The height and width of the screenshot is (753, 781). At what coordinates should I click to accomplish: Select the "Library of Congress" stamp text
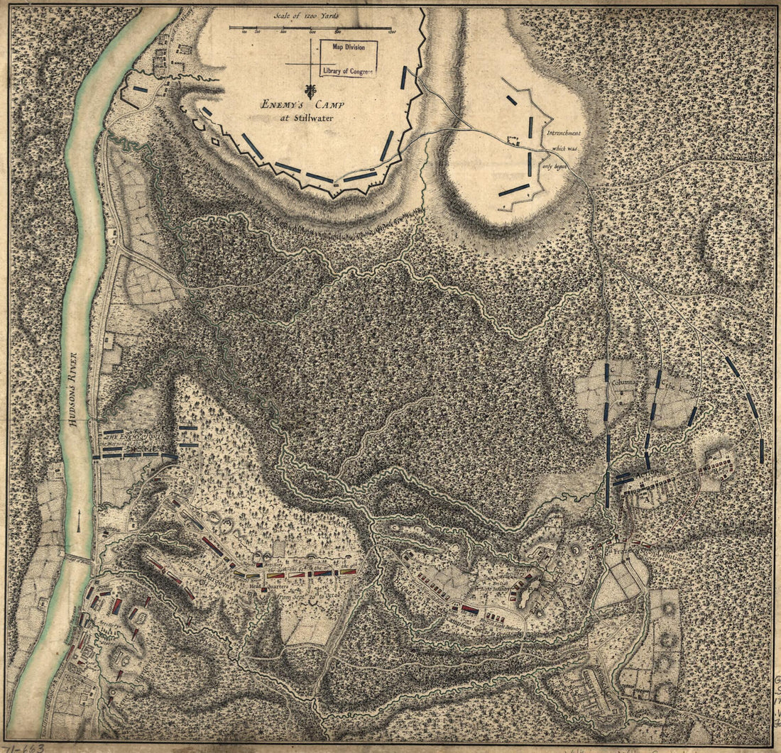(347, 71)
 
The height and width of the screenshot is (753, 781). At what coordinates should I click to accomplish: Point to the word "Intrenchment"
(564, 133)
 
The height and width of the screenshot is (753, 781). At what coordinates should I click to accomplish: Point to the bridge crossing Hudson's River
(80, 559)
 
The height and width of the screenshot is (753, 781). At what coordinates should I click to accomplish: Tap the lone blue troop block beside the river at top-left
(140, 89)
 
